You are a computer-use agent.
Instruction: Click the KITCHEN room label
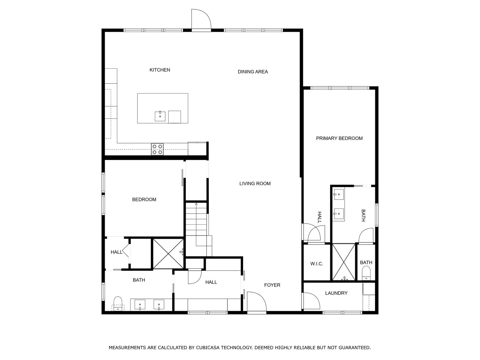pos(160,70)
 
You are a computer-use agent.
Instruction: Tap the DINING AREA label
pos(253,72)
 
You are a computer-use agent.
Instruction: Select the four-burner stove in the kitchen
pos(157,149)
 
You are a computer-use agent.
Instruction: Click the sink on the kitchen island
pos(160,116)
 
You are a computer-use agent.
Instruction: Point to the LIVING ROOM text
pos(255,184)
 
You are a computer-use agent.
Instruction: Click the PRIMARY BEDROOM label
pos(339,138)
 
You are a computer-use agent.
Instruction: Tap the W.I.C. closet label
pos(316,264)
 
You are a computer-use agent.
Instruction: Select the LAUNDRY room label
pos(336,293)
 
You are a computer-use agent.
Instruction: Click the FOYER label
pos(272,285)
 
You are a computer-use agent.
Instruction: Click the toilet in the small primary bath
pos(366,274)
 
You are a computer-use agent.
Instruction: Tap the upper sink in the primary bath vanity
pos(338,194)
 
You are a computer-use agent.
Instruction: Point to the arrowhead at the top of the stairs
pos(196,204)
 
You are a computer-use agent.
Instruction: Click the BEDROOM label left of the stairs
pos(144,199)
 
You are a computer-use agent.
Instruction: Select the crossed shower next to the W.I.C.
pos(344,262)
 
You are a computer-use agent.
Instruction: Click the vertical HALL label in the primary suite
pos(319,217)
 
